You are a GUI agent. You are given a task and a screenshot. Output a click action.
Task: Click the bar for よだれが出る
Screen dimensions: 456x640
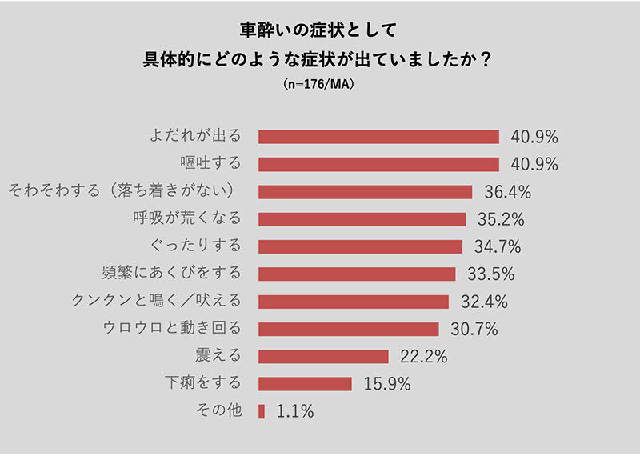(x=378, y=136)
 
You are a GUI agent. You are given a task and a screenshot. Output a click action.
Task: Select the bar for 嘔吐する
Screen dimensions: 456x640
(x=378, y=164)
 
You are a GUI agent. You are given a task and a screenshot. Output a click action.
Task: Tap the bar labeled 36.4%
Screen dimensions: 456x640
(x=365, y=192)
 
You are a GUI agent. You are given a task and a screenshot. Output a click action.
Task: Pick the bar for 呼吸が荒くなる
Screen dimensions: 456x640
(x=362, y=219)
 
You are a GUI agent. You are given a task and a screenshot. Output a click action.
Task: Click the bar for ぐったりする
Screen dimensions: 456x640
(x=360, y=246)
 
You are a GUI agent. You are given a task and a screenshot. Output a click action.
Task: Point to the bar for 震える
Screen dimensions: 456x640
(x=323, y=356)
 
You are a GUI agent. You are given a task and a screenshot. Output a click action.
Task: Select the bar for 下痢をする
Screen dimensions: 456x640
(x=305, y=384)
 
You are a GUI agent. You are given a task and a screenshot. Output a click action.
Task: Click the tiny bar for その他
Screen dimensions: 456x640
(x=262, y=411)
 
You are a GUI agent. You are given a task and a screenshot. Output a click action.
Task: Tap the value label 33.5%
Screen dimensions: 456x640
(x=490, y=274)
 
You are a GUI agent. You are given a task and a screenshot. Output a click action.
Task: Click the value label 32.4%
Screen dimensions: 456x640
(x=483, y=302)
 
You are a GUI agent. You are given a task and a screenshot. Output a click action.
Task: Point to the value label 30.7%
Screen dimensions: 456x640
(x=474, y=329)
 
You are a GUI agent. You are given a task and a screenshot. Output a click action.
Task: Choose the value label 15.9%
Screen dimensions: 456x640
(x=386, y=384)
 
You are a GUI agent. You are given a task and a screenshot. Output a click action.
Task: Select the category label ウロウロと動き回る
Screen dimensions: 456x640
(x=172, y=328)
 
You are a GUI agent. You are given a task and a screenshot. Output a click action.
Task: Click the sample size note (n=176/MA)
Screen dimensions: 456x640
(x=318, y=83)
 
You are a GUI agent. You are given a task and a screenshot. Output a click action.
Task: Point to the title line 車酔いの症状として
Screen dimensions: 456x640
(x=318, y=30)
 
